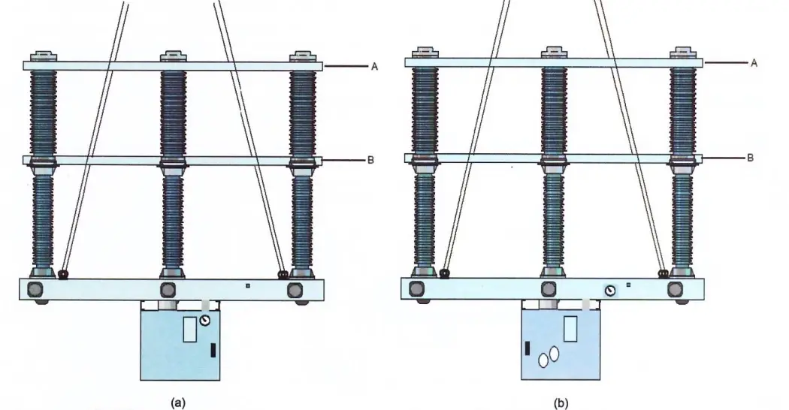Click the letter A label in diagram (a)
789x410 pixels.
tap(374, 67)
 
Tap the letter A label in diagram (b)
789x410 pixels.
tap(754, 64)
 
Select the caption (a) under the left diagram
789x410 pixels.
tap(177, 402)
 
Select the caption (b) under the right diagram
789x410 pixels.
tap(561, 402)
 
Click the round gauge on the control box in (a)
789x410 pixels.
tap(205, 320)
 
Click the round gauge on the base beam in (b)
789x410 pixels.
tap(610, 289)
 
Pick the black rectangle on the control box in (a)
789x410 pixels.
tap(214, 349)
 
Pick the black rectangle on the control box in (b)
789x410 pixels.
tap(528, 347)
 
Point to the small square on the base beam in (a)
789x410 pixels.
tap(249, 285)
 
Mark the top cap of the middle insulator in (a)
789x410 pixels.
tap(173, 56)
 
